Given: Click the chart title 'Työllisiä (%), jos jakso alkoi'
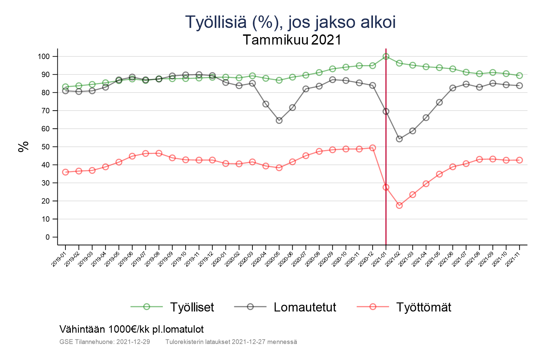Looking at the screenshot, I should coord(290,22).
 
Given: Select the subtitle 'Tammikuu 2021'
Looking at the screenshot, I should coord(292,40).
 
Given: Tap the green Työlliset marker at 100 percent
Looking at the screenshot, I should coord(386,56).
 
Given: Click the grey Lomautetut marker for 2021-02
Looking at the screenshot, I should coord(399,139).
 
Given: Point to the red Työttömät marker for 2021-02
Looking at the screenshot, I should coord(399,205).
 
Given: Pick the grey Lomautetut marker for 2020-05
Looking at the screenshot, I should coord(279,120).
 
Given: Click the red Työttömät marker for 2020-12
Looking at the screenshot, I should coord(373,148).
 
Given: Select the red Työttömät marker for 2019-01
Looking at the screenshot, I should coord(65,172).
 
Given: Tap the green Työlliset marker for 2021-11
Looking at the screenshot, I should coord(519,76).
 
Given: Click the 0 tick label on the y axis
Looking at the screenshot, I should coord(47,237).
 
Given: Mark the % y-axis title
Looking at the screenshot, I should coord(24,147).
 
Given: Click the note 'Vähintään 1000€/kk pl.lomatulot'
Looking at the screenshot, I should coord(132,329).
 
